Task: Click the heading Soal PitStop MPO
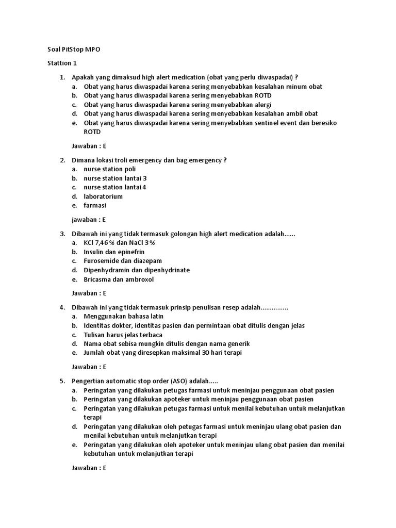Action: click(x=74, y=50)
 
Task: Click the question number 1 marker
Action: click(x=62, y=77)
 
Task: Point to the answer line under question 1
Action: click(x=89, y=146)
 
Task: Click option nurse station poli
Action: click(x=110, y=169)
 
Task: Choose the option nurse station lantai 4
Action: click(x=115, y=187)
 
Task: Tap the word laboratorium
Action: click(x=103, y=196)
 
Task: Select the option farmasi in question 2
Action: click(x=95, y=205)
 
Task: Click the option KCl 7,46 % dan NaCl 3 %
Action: click(x=120, y=243)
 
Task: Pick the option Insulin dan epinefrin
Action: click(x=114, y=252)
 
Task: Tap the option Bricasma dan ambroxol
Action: click(x=119, y=279)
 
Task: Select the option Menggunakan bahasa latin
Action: click(x=123, y=317)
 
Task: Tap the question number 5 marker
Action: click(x=62, y=381)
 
